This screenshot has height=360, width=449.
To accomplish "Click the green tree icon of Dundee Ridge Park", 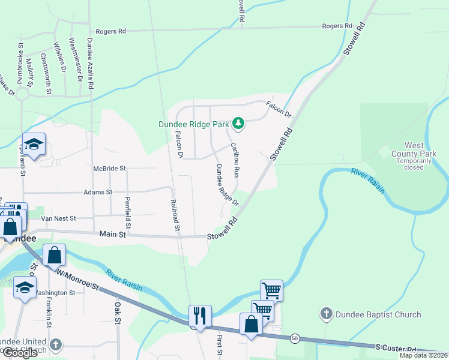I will click(x=239, y=124).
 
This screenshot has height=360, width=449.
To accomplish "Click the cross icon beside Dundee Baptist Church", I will click(x=326, y=314).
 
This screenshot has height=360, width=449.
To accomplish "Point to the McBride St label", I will click(x=109, y=169).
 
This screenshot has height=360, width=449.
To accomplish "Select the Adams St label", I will click(x=101, y=192).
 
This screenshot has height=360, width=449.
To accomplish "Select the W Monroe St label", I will click(x=78, y=280).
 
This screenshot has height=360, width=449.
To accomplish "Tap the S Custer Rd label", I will click(x=396, y=348).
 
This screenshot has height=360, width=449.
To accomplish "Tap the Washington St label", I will click(x=54, y=293).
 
